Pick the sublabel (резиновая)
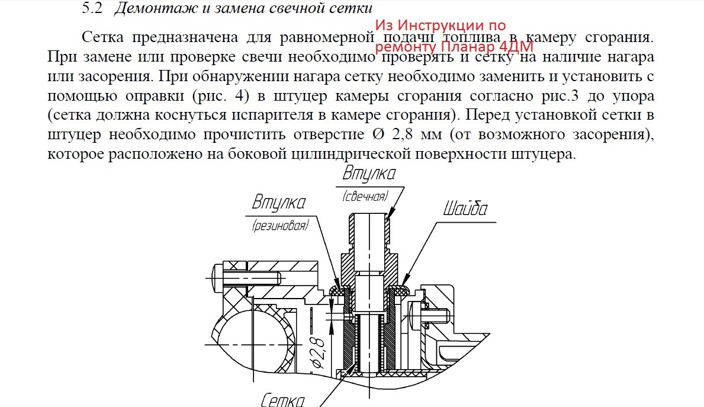pyautogui.click(x=279, y=225)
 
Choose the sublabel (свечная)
pyautogui.click(x=365, y=197)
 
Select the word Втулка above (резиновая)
pyautogui.click(x=278, y=203)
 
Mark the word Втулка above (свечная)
pyautogui.click(x=369, y=174)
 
